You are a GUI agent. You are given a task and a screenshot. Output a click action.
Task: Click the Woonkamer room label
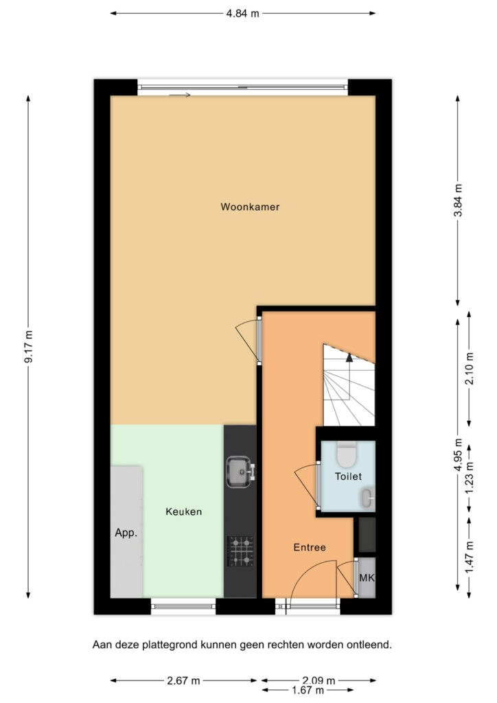[250, 207]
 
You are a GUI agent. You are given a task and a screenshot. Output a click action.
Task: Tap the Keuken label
[184, 511]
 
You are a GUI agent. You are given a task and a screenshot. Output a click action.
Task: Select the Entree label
[310, 547]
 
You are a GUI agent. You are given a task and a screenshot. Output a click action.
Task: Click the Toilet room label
[348, 476]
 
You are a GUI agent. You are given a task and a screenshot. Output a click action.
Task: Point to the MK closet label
[367, 578]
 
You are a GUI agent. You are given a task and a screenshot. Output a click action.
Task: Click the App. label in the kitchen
[126, 533]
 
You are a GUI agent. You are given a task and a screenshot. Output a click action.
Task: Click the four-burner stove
[241, 551]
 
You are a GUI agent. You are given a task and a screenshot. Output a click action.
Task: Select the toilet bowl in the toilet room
[347, 454]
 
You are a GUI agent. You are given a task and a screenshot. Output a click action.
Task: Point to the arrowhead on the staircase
[349, 357]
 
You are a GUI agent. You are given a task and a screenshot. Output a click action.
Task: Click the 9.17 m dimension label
[29, 347]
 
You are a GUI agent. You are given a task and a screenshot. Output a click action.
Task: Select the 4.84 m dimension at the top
[242, 14]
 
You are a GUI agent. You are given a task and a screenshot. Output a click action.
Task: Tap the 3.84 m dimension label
[458, 200]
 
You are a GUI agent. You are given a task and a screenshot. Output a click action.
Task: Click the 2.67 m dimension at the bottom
[183, 680]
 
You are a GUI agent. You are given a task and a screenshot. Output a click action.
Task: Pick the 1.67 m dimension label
[308, 691]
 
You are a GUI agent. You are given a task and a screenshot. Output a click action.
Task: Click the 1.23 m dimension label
[470, 478]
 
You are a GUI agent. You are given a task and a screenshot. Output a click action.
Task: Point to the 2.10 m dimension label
[470, 369]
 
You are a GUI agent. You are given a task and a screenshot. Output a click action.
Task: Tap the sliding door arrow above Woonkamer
[180, 95]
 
